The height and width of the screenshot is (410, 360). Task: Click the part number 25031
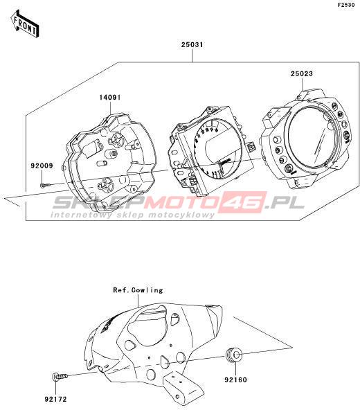click(x=192, y=45)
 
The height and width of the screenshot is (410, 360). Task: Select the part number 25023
click(x=301, y=73)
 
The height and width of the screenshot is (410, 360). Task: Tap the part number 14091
click(x=110, y=98)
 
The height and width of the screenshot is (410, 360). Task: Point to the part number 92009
click(x=42, y=166)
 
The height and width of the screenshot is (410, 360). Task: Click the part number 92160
click(x=235, y=380)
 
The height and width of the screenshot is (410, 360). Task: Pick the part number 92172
click(x=55, y=400)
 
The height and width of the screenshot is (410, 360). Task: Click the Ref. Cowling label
click(x=138, y=290)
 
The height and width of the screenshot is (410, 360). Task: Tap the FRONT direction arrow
click(x=25, y=24)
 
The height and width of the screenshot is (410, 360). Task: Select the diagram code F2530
click(x=346, y=5)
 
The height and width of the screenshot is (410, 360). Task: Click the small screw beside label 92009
click(x=44, y=186)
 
